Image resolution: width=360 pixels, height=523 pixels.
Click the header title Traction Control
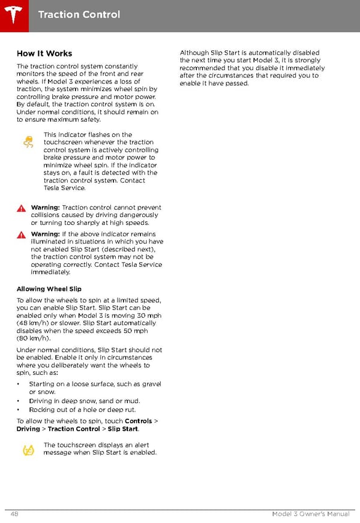coord(79,14)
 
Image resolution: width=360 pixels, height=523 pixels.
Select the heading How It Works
coord(44,53)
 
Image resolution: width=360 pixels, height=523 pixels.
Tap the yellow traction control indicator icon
coord(28,142)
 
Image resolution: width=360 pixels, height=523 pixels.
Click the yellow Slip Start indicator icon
coord(28,450)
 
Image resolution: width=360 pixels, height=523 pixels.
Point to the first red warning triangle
coord(22,208)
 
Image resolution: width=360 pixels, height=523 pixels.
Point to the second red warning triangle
coord(22,235)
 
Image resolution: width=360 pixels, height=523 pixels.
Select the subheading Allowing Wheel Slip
coord(49,289)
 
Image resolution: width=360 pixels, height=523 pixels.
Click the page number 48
coord(14,515)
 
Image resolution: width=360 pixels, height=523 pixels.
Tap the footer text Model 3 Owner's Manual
coord(310,515)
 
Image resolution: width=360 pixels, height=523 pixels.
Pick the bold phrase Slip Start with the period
coord(124,429)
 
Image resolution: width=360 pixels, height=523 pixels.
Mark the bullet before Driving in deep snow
coord(19,401)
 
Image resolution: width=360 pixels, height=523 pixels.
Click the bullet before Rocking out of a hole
coord(19,410)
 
